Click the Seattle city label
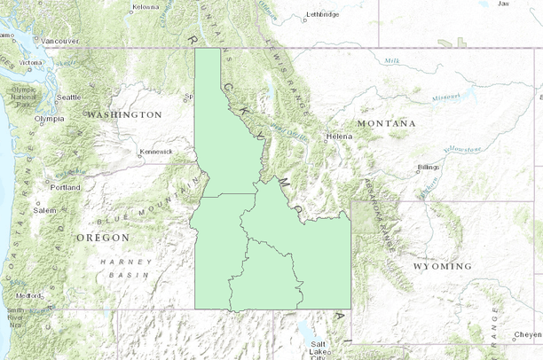click(68, 97)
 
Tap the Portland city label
click(66, 188)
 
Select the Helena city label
click(340, 137)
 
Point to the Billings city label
click(429, 167)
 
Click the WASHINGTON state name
click(124, 114)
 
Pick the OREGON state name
click(103, 238)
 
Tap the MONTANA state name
click(386, 122)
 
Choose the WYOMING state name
click(442, 266)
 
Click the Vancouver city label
click(60, 41)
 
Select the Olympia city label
click(50, 118)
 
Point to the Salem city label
click(44, 210)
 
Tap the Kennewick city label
click(156, 152)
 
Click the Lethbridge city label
click(322, 14)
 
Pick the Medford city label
click(28, 295)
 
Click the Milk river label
click(392, 60)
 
